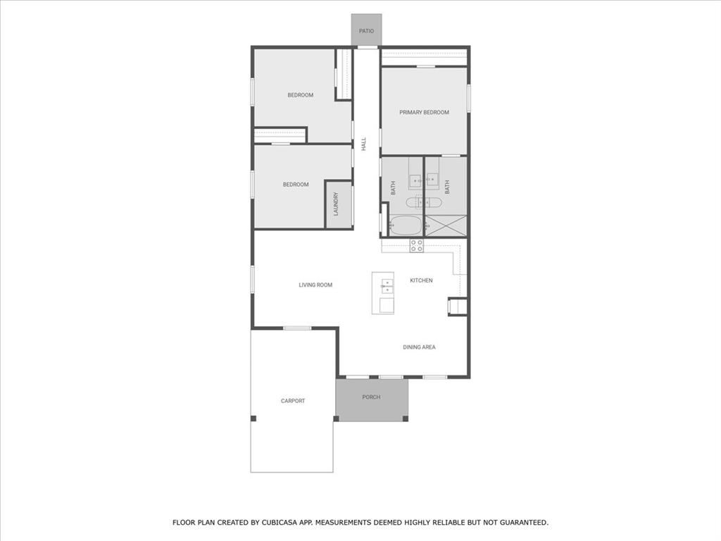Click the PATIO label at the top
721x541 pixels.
[366, 31]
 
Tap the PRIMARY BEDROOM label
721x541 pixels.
[424, 112]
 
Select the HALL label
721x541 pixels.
[364, 144]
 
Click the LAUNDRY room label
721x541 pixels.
[337, 204]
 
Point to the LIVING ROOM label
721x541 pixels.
[315, 285]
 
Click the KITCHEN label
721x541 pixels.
[421, 280]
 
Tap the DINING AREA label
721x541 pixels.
[419, 347]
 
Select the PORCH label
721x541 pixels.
[371, 397]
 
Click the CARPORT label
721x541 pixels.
[293, 401]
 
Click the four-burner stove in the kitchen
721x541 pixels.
[417, 245]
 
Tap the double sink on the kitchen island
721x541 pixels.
[387, 285]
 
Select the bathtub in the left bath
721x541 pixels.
[406, 226]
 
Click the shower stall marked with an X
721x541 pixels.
[446, 226]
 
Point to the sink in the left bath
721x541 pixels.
[415, 180]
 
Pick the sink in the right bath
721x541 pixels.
[431, 180]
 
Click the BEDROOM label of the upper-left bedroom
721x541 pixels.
[300, 95]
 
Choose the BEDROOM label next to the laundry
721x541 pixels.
[296, 185]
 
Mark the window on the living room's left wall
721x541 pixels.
[252, 279]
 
